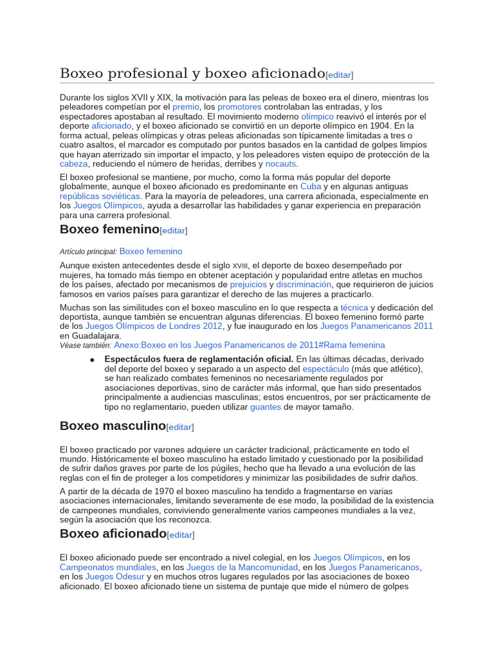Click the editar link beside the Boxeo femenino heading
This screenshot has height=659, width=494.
tap(174, 230)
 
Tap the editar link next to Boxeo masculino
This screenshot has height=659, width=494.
tap(180, 427)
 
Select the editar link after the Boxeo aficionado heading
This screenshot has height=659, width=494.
tap(181, 535)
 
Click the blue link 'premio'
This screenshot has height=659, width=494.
tap(186, 107)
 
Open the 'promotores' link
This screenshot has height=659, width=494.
tap(239, 107)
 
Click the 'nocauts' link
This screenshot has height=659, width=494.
tap(281, 164)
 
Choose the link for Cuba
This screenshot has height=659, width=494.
tap(311, 187)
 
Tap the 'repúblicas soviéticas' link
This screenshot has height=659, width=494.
tap(100, 196)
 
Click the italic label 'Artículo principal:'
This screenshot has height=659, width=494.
tap(88, 252)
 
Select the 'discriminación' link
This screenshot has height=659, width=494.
tap(304, 284)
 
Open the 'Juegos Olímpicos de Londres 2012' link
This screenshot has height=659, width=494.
tap(154, 326)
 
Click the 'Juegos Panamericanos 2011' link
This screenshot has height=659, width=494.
tap(376, 326)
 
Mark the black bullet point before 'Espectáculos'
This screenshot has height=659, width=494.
tap(93, 360)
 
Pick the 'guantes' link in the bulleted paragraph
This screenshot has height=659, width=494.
tap(266, 407)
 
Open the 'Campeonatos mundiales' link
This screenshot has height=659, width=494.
tap(108, 568)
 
